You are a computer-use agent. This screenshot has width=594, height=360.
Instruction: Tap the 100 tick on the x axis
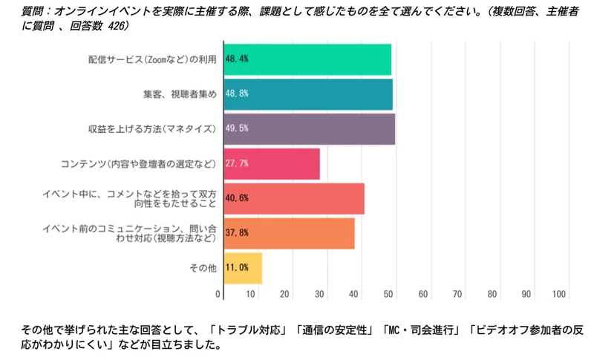pos(561,295)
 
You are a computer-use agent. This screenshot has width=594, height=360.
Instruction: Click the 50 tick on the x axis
pos(389,295)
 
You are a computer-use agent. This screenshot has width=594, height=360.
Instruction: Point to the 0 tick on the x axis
pos(218,295)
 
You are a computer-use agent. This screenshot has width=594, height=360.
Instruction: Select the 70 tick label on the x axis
pos(458,295)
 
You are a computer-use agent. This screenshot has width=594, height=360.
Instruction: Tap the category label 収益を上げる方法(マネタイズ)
pos(152,129)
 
